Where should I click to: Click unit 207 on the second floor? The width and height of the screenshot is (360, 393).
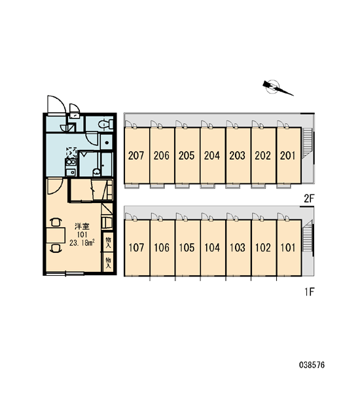click(137, 156)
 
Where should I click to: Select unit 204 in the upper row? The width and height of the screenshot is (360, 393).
click(213, 156)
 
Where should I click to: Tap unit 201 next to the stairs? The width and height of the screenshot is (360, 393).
click(289, 156)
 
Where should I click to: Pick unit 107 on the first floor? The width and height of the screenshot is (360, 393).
click(137, 248)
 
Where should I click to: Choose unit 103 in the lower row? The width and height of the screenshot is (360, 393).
click(238, 248)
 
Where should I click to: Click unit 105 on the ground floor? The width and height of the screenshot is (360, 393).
click(187, 248)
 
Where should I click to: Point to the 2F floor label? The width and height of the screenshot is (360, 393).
click(309, 198)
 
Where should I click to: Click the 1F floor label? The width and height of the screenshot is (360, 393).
click(310, 291)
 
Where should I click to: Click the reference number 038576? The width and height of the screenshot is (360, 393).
click(312, 365)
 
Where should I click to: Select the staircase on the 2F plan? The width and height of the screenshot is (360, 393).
click(308, 143)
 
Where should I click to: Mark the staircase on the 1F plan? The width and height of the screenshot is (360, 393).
click(308, 236)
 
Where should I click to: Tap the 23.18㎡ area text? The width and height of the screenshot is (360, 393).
click(82, 242)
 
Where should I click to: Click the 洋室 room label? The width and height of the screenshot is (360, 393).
click(82, 227)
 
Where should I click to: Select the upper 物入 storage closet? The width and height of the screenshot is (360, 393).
click(108, 242)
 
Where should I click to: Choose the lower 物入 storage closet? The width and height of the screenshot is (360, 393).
click(108, 263)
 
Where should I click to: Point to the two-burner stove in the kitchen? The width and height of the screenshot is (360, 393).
click(71, 162)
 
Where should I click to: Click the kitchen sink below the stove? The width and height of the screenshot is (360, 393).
click(71, 172)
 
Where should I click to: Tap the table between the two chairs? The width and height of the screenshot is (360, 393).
click(56, 235)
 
